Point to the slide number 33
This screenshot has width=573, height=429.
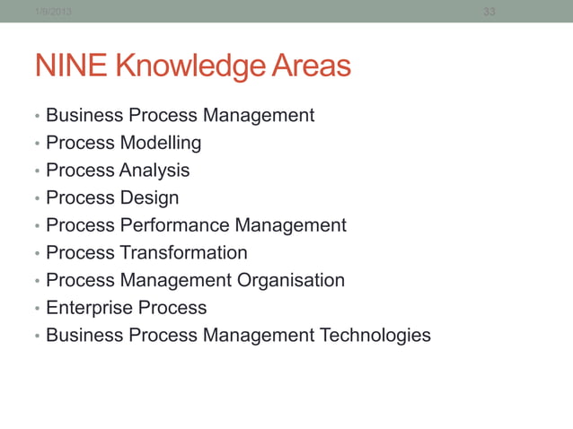(x=489, y=11)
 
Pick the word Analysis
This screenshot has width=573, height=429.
(x=154, y=171)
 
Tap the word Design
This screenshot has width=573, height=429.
(x=149, y=197)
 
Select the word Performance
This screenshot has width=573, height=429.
(x=174, y=225)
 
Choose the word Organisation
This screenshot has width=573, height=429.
(x=291, y=280)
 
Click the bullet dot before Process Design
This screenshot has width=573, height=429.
(x=36, y=199)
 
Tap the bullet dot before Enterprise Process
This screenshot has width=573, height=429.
(x=36, y=310)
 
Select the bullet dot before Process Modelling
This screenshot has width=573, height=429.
(x=36, y=144)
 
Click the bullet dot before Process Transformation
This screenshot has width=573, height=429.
(x=36, y=254)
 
